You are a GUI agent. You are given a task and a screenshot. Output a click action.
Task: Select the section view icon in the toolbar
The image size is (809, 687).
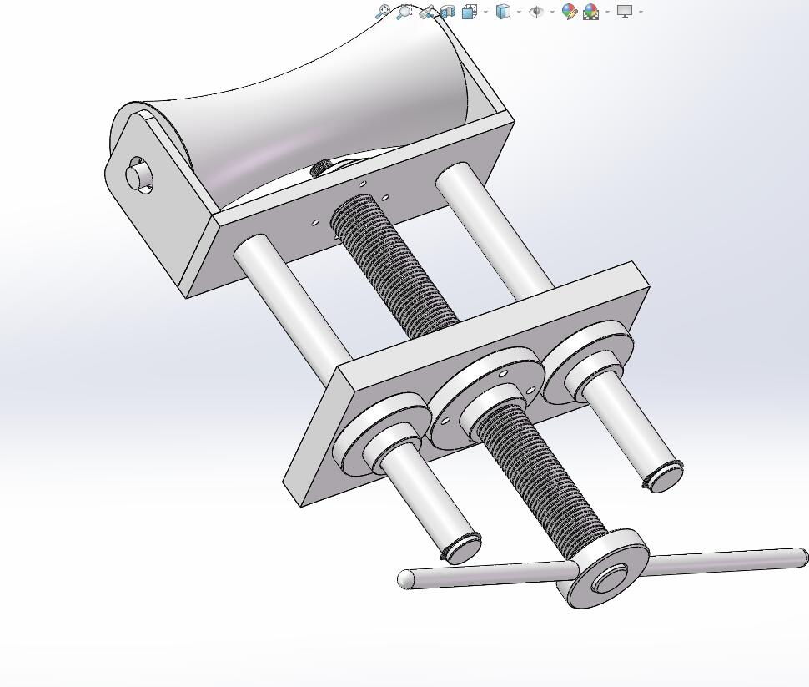pos(448,12)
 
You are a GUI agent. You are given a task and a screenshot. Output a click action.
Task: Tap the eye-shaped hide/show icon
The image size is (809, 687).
pos(536,12)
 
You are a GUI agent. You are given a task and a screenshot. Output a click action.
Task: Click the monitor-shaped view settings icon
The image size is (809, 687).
pos(625,12)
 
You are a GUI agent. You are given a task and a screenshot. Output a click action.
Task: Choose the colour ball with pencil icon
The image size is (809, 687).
pos(570,12)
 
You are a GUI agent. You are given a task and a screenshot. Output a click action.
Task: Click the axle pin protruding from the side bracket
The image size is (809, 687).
pos(138,176)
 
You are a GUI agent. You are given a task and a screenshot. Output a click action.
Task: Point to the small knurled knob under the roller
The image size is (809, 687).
pos(319,169)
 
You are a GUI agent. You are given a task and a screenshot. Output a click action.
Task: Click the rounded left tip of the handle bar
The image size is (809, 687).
pos(407,578)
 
